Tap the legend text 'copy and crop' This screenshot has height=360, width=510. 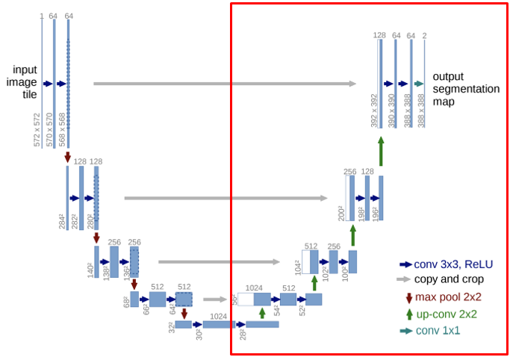(448, 279)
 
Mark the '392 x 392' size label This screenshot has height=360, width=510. (374, 111)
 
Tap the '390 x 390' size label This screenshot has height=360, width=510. (391, 111)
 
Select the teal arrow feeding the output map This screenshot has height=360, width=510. (418, 84)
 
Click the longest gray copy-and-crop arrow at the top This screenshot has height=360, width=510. (225, 84)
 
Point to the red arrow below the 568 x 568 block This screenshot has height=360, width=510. (68, 157)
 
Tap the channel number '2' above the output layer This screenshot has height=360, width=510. (425, 35)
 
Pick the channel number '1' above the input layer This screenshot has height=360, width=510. (41, 16)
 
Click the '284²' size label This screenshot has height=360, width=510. (63, 221)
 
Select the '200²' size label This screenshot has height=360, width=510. (341, 213)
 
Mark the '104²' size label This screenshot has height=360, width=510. (297, 267)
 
